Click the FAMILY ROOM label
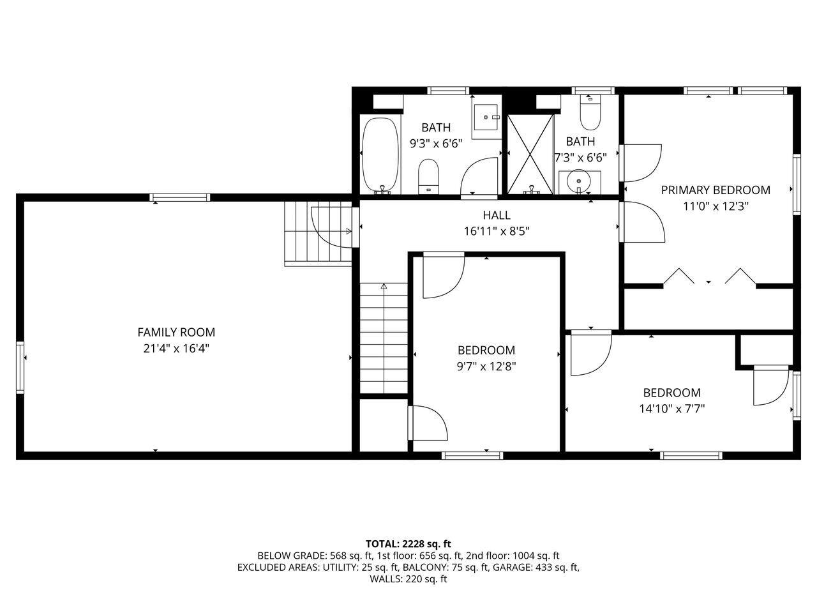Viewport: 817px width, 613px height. coord(176,332)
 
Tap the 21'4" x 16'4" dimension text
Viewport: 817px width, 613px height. coord(176,349)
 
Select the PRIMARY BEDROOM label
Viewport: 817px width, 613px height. coord(715,190)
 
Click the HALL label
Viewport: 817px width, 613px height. coord(496,215)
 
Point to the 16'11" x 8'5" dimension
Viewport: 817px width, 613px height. coord(496,231)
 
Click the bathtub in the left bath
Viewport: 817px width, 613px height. coord(380,155)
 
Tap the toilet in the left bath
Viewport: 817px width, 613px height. coord(428,176)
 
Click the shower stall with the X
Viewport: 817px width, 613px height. coord(530,153)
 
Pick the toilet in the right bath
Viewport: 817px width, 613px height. coord(590,114)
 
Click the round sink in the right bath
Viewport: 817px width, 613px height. coord(579,181)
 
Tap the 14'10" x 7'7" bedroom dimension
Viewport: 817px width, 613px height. coord(671,409)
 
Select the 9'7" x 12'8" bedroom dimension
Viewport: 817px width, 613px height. coord(486,367)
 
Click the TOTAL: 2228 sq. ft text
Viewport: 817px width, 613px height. coord(408,544)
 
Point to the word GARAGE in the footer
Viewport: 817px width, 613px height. coord(514,567)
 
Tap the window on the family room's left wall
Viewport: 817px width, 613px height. coord(20,367)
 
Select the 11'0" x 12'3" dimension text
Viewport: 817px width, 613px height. coord(715,206)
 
